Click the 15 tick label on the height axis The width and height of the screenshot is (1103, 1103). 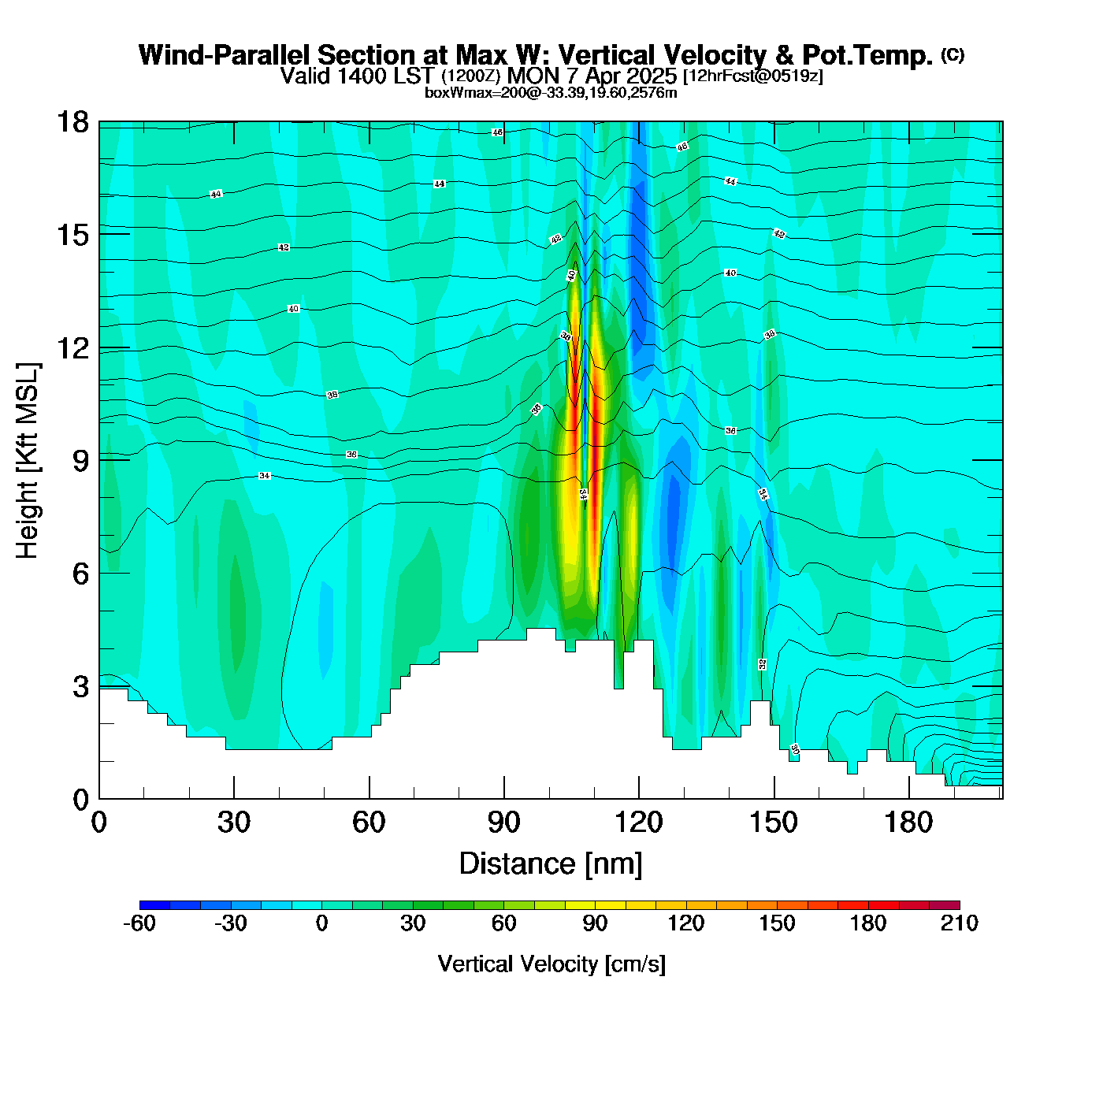coord(72,235)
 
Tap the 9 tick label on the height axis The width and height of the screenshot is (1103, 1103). coord(80,460)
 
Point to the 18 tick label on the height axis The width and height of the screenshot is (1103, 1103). coord(72,122)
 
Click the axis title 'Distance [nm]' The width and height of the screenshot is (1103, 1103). coord(551,864)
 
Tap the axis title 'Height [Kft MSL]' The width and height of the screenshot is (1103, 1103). coord(28,461)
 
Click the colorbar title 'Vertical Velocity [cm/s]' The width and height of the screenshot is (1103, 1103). coord(551,964)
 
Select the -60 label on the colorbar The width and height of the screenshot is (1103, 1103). coord(139,923)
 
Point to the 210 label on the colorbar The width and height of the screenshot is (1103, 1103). coord(959,923)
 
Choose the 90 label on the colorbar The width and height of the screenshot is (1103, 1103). coord(595,923)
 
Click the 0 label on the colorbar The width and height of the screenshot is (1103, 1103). coord(321,923)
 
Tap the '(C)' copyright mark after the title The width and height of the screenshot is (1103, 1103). coord(953,54)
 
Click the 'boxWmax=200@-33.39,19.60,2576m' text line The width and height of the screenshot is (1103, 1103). coord(551,93)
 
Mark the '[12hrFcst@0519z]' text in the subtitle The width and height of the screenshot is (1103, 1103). coord(752,76)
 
